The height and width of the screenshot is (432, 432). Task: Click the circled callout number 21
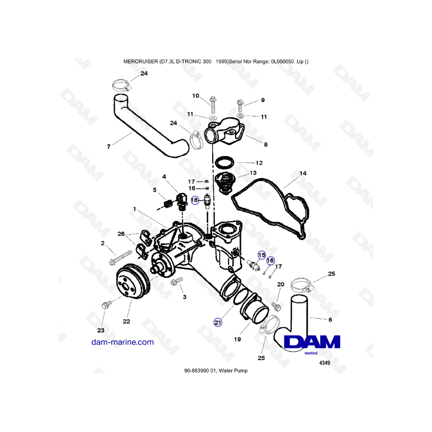[x=217, y=323]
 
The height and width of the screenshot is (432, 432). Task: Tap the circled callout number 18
[x=194, y=200]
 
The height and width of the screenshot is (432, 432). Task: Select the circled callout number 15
[x=262, y=255]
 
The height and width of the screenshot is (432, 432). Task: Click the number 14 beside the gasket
[x=303, y=173]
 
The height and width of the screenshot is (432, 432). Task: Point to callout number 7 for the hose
[x=108, y=147]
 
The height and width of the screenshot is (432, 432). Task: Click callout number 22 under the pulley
[x=126, y=321]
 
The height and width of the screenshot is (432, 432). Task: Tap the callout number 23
[x=101, y=330]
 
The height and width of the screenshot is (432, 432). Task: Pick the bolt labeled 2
[x=121, y=258]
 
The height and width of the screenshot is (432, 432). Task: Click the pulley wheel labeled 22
[x=133, y=281]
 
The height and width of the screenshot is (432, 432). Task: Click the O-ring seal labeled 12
[x=224, y=163]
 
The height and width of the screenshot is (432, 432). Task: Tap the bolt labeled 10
[x=213, y=105]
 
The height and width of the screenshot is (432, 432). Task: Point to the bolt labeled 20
[x=276, y=306]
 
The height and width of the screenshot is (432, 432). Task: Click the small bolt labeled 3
[x=177, y=281]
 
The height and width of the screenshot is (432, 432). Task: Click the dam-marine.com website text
[x=122, y=342]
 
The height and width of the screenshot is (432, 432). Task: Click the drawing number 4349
[x=324, y=363]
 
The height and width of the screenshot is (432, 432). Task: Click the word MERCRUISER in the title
[x=141, y=62]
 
